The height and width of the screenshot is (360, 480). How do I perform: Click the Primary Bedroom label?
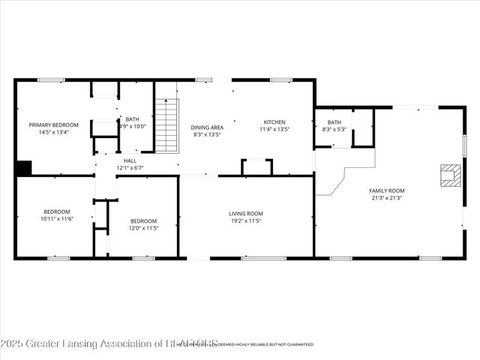[49, 124]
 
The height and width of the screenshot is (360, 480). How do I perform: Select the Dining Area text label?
[207, 127]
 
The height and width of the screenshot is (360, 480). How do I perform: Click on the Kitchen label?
[274, 122]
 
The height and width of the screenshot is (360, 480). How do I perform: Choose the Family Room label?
[386, 190]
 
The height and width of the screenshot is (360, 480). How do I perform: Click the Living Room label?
[246, 214]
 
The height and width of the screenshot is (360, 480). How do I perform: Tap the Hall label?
[130, 160]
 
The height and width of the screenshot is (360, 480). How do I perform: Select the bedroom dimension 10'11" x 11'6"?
[56, 218]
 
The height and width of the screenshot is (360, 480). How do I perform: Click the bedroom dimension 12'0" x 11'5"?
[143, 227]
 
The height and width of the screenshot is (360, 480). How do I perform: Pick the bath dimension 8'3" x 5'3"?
[334, 130]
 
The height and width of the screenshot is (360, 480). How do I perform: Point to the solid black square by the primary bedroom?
[23, 168]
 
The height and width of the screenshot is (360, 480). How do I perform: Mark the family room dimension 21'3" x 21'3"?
[386, 198]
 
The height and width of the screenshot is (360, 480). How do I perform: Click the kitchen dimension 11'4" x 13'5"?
[274, 130]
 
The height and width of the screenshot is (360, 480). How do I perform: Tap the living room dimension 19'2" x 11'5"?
[246, 222]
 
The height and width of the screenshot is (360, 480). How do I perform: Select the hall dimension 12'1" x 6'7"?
[130, 168]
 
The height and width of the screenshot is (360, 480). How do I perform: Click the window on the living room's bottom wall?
[263, 259]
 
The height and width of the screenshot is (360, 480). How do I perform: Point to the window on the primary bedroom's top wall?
[51, 79]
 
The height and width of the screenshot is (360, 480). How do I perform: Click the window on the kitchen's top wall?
[281, 79]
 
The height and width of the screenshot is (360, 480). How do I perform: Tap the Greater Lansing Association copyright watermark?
[109, 343]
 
